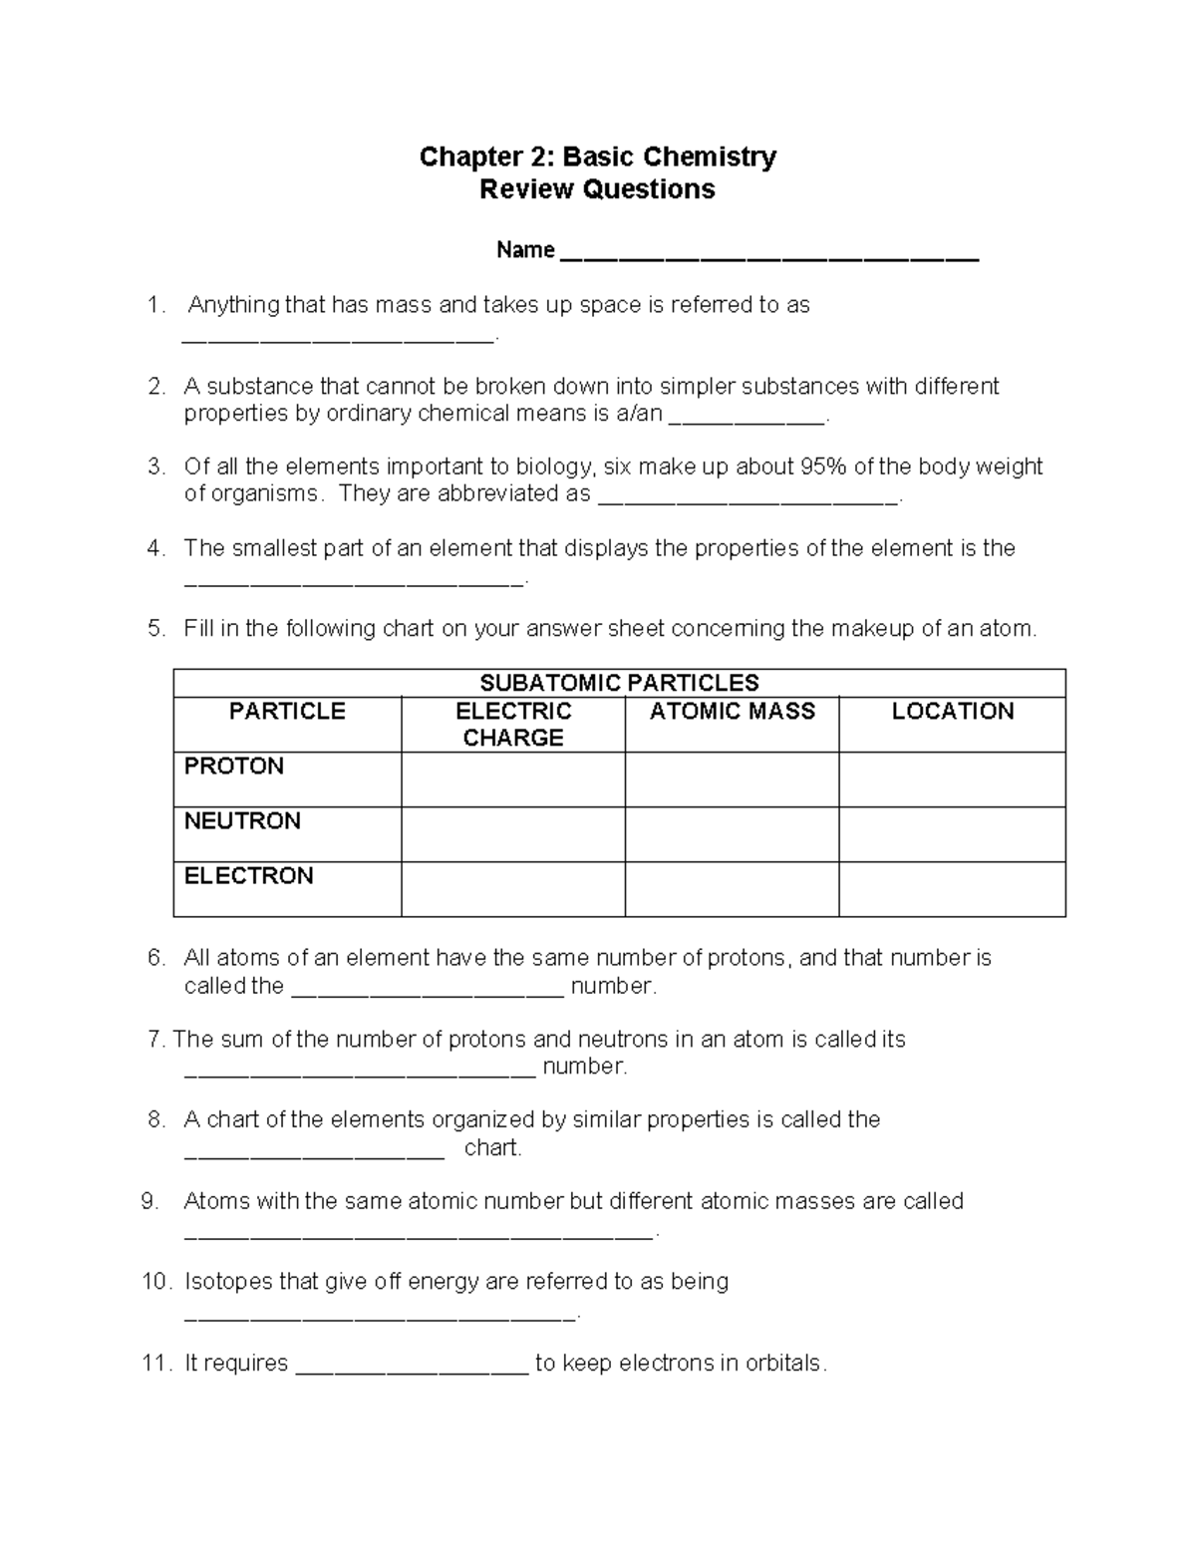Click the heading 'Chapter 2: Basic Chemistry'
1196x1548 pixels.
point(597,156)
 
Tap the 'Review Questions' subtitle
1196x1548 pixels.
point(597,189)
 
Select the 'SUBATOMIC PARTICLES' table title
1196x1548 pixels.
point(619,683)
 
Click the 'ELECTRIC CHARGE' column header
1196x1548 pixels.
point(513,724)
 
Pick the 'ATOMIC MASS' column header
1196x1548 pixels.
point(732,711)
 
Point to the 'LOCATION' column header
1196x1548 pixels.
point(952,711)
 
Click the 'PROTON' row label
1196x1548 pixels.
point(234,766)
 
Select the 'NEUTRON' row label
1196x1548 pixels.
point(242,820)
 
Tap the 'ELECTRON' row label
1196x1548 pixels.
point(248,875)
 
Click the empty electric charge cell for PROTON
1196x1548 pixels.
point(513,779)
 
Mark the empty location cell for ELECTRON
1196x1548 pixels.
point(952,889)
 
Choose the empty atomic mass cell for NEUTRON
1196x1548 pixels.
point(732,834)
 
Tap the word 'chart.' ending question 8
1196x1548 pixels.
point(493,1147)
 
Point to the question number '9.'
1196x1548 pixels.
point(150,1201)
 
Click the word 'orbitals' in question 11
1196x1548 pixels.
point(784,1363)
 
